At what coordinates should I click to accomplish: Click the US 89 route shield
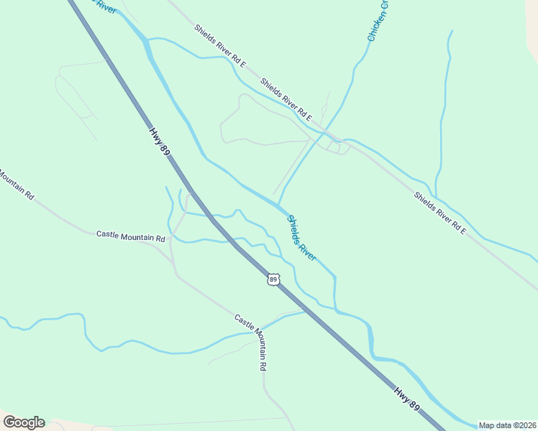click(x=273, y=279)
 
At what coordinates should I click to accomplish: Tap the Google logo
click(x=24, y=422)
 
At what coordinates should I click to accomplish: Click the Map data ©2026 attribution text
click(x=508, y=425)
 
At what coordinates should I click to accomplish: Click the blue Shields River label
click(x=302, y=238)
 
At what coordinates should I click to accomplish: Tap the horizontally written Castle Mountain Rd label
click(x=131, y=236)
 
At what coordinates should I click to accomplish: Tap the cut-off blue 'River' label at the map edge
click(x=105, y=6)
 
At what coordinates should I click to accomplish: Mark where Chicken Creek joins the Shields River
click(x=278, y=205)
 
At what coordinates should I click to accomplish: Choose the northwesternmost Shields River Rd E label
click(x=220, y=46)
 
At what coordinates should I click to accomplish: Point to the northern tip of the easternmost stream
click(x=452, y=31)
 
